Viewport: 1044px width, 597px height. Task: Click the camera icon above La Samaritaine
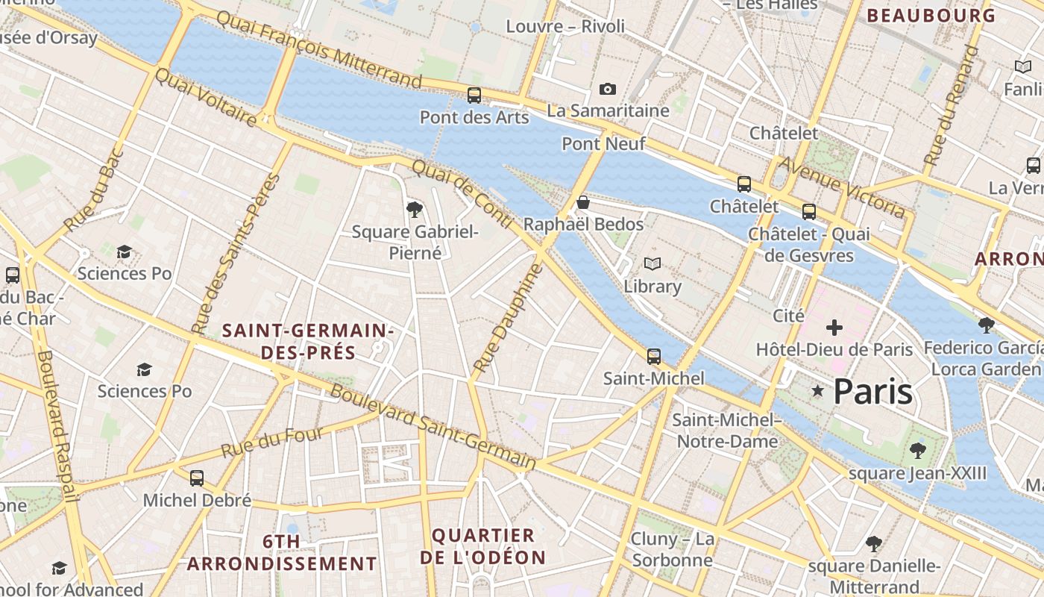608,90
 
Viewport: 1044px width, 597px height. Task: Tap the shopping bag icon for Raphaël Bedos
583,202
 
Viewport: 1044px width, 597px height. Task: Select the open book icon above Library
652,264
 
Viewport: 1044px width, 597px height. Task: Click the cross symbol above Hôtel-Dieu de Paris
834,328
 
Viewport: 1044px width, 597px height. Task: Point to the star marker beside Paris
818,390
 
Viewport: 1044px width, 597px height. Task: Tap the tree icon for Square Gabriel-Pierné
415,210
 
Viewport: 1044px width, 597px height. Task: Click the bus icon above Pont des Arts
474,96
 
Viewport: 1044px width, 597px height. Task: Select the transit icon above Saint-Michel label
654,357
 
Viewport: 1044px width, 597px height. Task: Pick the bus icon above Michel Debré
197,478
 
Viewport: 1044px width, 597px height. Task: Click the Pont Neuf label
603,143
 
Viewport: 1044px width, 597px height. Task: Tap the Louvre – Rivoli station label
565,26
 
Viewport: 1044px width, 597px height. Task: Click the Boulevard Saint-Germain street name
433,428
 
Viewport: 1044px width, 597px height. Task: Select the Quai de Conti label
462,195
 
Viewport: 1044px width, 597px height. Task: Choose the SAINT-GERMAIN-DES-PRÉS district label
308,341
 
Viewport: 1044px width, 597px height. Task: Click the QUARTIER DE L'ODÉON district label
483,546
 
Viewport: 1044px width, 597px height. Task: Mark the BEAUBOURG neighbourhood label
931,16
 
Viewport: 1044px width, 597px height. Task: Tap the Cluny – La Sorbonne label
672,550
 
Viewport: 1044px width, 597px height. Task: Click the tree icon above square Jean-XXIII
917,451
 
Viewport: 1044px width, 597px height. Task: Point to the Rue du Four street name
272,443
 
